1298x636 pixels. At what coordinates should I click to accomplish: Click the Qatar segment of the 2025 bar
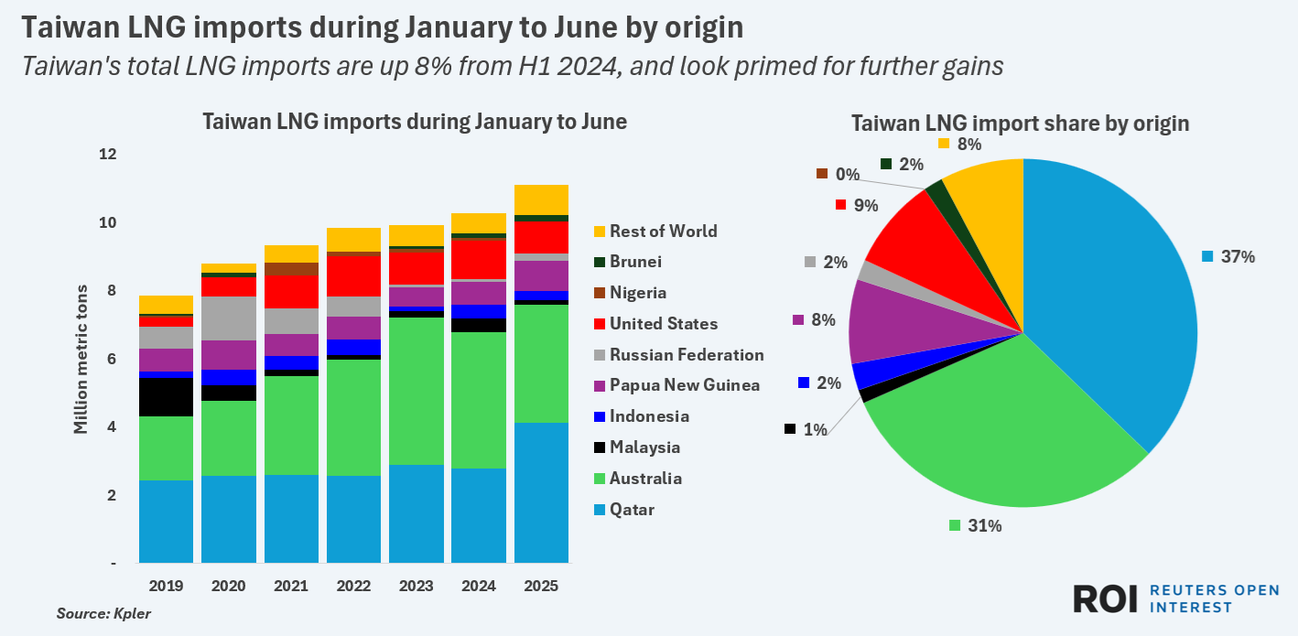pos(541,492)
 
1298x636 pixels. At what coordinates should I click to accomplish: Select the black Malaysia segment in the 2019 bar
pos(166,397)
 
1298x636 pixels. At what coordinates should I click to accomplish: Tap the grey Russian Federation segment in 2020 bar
pos(229,318)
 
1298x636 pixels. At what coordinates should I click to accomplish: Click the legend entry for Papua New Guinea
pos(685,385)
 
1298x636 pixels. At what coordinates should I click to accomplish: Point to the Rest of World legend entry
pos(663,231)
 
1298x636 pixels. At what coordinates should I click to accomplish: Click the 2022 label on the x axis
pos(354,585)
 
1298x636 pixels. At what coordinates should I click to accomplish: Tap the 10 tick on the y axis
pos(108,222)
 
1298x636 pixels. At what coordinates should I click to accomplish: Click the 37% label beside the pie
pos(1238,257)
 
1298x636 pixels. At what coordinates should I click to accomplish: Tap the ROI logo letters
pos(1105,598)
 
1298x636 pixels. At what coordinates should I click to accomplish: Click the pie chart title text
pos(1020,124)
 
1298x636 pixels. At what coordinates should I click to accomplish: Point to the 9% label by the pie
pos(865,205)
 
